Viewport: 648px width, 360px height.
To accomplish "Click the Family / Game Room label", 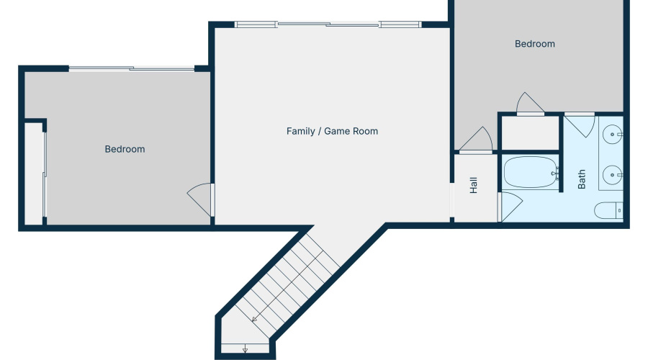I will (x=332, y=131).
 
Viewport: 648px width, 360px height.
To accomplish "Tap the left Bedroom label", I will (x=125, y=149).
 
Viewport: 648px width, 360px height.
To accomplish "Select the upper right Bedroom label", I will (x=534, y=44).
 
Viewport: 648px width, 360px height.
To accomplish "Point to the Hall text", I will (x=474, y=186).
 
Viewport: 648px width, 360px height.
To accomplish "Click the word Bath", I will (x=582, y=179).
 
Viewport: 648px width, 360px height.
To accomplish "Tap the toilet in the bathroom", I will (x=607, y=210).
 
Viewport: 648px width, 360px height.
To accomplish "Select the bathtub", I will (x=529, y=173).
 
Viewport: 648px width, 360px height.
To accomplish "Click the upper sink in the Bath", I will (x=611, y=134).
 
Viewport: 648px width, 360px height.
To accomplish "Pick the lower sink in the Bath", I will (x=611, y=174).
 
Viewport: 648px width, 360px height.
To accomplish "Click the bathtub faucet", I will (x=555, y=173).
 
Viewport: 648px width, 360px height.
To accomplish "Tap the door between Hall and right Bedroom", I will (x=476, y=140).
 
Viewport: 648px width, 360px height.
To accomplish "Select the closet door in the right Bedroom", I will (x=530, y=104).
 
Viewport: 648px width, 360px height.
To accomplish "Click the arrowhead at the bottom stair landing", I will (x=246, y=351).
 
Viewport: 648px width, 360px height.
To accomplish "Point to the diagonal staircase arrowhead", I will (x=254, y=319).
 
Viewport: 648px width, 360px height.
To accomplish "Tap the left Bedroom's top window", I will (x=132, y=69).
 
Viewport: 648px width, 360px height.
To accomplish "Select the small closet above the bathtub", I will (x=530, y=133).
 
